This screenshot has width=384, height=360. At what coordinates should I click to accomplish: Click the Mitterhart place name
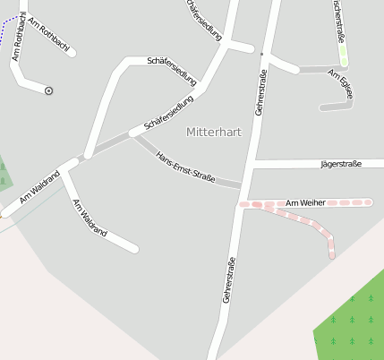[x=214, y=132]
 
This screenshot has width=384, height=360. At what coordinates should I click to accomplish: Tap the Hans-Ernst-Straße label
[x=185, y=167]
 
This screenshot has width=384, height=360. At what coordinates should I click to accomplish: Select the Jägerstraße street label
[x=340, y=164]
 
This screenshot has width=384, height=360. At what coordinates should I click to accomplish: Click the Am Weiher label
[x=305, y=203]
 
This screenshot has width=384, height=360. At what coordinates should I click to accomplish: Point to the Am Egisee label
[x=341, y=84]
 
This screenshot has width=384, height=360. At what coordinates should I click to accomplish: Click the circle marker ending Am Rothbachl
[x=48, y=90]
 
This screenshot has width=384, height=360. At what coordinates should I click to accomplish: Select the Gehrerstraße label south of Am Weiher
[x=230, y=279]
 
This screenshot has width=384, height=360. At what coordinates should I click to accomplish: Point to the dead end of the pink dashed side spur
[x=332, y=256]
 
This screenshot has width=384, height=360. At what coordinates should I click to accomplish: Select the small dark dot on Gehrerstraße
[x=262, y=55]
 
